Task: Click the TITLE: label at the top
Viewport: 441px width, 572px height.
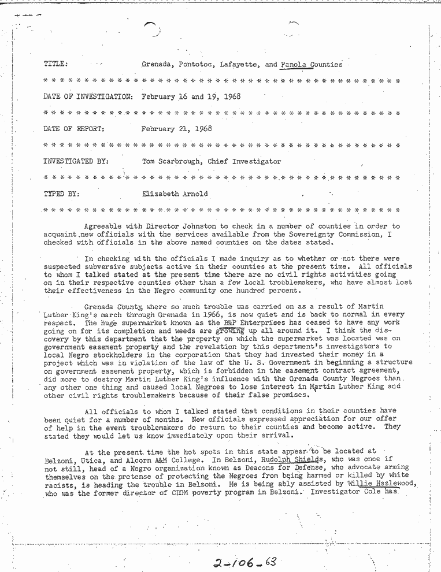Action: point(55,64)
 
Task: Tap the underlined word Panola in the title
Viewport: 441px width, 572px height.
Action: point(292,65)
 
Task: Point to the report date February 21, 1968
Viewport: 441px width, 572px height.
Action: point(176,129)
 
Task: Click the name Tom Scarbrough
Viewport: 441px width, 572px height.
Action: point(172,162)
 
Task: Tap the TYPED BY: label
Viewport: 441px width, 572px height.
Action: point(62,194)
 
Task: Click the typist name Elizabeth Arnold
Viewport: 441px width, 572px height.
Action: point(174,194)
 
